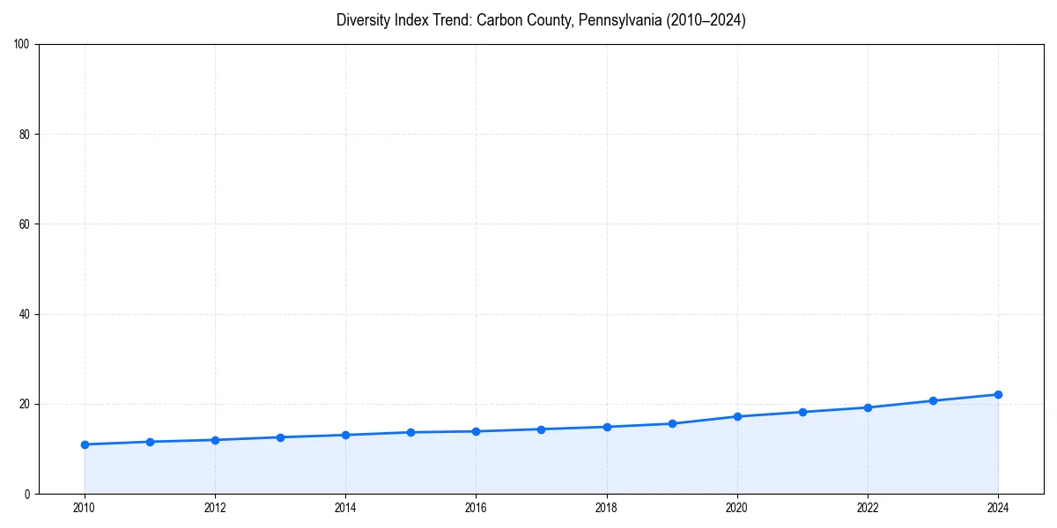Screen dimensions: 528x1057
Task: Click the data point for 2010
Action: point(85,444)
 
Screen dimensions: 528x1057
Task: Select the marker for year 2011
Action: point(150,442)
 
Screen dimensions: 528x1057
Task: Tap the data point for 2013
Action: point(280,437)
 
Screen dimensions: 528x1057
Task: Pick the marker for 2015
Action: point(410,432)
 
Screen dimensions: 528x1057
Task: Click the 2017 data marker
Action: point(541,429)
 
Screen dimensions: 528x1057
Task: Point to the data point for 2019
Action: point(672,423)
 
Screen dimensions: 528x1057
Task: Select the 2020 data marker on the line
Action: point(737,416)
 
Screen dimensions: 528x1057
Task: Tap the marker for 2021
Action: point(802,412)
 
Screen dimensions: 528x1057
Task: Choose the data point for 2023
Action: point(933,400)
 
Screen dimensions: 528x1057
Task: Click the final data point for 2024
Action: point(998,394)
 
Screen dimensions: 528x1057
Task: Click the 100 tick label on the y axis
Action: point(22,45)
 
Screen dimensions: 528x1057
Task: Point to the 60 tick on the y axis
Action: point(25,224)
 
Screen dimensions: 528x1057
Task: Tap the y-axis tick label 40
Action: point(25,314)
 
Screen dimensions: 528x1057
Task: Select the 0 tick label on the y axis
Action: point(27,494)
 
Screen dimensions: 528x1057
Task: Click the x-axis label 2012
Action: point(215,508)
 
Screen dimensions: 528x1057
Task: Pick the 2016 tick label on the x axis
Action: point(476,508)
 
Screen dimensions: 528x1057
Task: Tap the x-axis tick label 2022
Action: point(868,508)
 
